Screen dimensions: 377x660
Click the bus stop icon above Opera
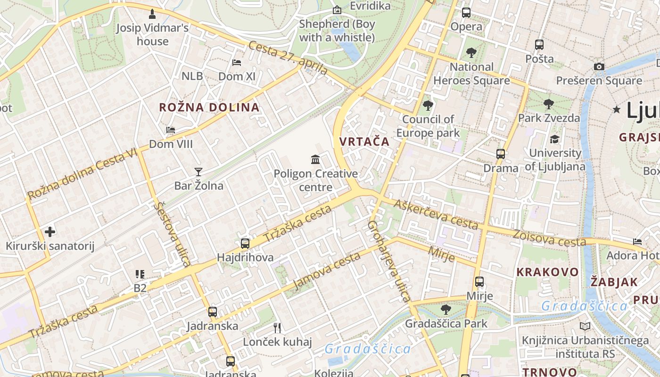click(x=466, y=13)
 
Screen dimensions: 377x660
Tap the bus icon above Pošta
click(x=539, y=45)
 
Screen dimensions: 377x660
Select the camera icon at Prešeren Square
click(x=599, y=66)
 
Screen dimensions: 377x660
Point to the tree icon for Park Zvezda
click(x=548, y=104)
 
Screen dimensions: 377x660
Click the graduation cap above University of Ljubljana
click(x=555, y=139)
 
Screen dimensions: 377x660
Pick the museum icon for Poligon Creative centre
click(x=315, y=159)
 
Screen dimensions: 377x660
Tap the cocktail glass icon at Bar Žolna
click(x=198, y=172)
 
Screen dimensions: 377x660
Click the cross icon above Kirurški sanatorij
click(x=50, y=231)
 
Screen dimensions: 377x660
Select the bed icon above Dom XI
click(x=237, y=62)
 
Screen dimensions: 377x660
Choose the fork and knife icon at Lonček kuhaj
click(x=277, y=328)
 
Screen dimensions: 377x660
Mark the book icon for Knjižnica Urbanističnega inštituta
click(x=585, y=326)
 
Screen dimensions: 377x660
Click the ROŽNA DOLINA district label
click(x=209, y=107)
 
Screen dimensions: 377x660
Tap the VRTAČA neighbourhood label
click(x=364, y=141)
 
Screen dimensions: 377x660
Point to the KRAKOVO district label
click(x=547, y=272)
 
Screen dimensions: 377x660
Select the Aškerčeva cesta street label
click(x=436, y=214)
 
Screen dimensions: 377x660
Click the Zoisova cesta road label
click(x=549, y=238)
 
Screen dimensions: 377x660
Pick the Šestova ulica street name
click(x=173, y=234)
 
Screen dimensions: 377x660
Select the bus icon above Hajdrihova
click(x=245, y=243)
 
